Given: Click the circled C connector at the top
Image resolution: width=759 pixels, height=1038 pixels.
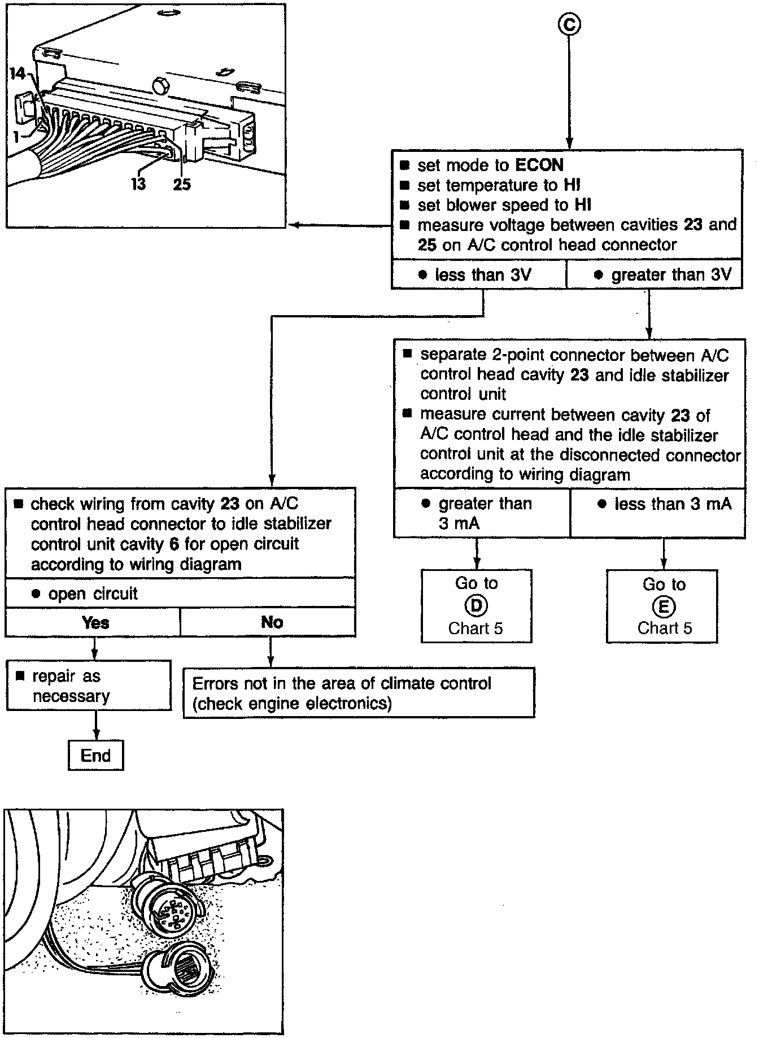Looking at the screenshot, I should pos(569,24).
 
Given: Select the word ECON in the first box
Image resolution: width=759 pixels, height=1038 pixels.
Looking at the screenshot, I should pos(539,165).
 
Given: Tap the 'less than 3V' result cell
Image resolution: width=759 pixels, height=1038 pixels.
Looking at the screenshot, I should pos(479,275).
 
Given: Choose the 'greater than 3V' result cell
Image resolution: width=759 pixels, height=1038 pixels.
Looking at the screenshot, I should pos(654,275).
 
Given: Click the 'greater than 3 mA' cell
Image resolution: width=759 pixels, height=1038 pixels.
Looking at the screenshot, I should pos(482,513).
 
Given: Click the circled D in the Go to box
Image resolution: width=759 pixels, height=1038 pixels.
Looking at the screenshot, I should pos(476,606).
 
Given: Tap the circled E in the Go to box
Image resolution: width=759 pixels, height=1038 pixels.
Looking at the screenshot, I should pos(663,607).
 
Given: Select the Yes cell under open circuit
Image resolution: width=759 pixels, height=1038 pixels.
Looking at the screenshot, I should pos(94,622).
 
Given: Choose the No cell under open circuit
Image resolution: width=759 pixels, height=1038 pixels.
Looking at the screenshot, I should pos(271,622).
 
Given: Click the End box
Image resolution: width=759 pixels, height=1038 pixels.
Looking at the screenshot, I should pos(95,756).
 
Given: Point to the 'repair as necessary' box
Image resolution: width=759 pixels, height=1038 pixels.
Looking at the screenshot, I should pos(88,686).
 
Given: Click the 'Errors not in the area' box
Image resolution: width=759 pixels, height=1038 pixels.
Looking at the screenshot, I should pos(358,693).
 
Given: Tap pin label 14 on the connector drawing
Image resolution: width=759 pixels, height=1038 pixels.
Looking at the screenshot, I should pos(18,75).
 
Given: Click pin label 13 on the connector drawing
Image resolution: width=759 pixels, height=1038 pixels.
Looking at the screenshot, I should pos(138,184).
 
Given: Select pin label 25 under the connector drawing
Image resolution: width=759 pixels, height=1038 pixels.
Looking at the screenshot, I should pos(181,184).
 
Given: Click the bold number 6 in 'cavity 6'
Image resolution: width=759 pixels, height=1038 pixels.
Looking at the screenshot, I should pos(173,544).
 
